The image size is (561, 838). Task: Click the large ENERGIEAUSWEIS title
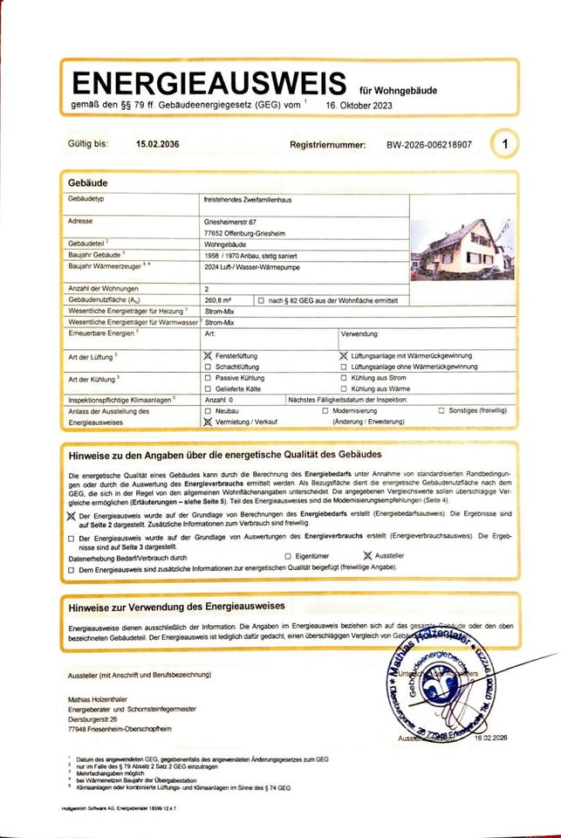tap(209, 84)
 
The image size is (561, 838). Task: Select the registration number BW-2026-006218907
tap(428, 145)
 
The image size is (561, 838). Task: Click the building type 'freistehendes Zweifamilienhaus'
tap(248, 201)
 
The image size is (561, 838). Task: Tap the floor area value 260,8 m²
tap(219, 299)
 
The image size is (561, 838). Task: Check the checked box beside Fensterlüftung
tap(208, 356)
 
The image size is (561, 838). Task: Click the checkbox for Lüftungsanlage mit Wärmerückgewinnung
tap(343, 356)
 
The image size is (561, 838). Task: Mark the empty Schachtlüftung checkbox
tap(207, 367)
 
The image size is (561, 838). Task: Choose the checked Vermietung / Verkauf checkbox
tap(208, 421)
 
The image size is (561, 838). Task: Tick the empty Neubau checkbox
tap(207, 409)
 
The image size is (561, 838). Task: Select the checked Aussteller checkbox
tap(368, 555)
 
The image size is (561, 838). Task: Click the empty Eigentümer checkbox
tap(288, 555)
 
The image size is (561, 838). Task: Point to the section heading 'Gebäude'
tap(88, 184)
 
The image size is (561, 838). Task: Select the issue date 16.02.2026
tap(492, 738)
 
